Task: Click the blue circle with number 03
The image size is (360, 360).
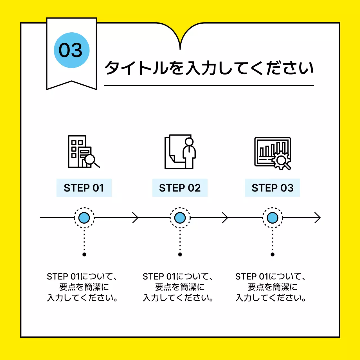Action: (72, 50)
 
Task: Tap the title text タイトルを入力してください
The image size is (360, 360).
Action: (209, 68)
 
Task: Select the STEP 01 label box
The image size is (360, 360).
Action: (84, 188)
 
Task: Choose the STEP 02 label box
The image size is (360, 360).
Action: (180, 188)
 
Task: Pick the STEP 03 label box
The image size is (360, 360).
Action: (272, 188)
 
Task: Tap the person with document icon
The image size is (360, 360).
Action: (180, 152)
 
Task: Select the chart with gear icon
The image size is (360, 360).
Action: (272, 153)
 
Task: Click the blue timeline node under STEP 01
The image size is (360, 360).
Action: (84, 218)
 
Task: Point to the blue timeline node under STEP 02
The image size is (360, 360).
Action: (180, 218)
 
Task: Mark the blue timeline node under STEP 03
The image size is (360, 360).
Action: (272, 218)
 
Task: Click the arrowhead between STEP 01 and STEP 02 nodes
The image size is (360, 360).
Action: (136, 218)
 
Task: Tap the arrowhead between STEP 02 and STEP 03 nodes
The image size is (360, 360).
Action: (226, 218)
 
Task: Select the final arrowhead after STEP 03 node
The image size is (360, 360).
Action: (318, 218)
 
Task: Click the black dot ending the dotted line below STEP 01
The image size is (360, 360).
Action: (84, 255)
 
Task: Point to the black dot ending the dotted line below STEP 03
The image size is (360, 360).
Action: (272, 255)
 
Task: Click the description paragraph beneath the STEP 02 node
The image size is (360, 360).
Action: (178, 287)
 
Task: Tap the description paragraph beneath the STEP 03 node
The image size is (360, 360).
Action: (271, 287)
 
